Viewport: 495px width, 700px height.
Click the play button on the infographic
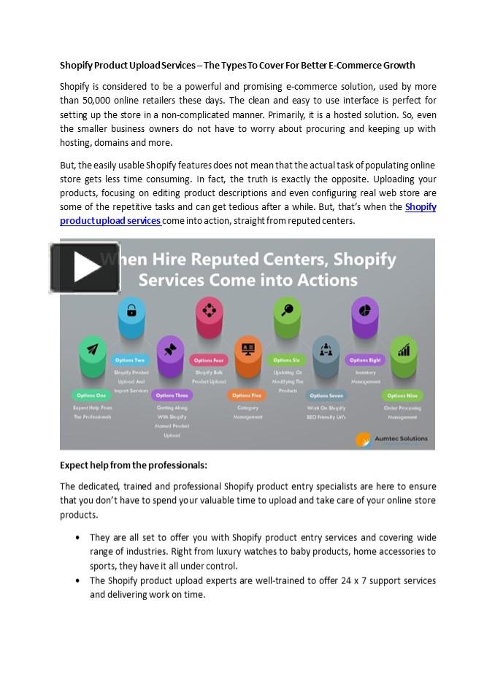click(x=85, y=268)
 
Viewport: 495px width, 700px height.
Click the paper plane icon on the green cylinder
click(x=93, y=349)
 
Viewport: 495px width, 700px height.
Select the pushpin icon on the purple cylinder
click(x=170, y=349)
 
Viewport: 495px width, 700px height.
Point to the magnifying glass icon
click(x=287, y=310)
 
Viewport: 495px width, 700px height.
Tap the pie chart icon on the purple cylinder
click(x=364, y=310)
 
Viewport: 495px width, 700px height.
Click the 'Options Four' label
click(x=209, y=360)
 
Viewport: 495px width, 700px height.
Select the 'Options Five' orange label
click(x=247, y=395)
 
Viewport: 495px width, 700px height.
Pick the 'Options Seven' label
click(x=326, y=395)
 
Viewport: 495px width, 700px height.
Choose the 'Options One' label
click(x=92, y=395)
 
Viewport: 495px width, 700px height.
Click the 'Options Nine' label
click(x=402, y=395)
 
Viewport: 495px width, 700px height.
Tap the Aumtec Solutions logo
click(x=392, y=439)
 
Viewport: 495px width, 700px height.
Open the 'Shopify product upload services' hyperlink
click(x=110, y=220)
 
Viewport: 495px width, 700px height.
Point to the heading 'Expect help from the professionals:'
click(x=134, y=465)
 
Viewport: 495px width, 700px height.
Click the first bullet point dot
click(x=77, y=537)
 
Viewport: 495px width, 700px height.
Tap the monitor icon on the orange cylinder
click(x=247, y=349)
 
